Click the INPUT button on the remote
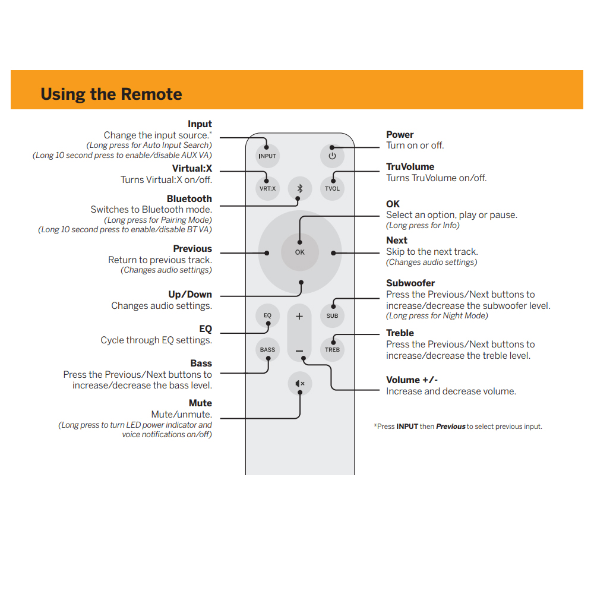(267, 156)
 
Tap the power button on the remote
(332, 156)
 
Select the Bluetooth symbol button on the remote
(300, 188)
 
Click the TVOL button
(332, 188)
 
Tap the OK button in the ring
(300, 252)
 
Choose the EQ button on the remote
(268, 315)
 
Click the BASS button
(268, 349)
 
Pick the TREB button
(332, 349)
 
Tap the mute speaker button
(300, 384)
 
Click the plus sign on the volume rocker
(299, 316)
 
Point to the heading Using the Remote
(111, 94)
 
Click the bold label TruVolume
(410, 167)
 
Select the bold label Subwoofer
(410, 283)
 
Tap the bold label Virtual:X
(192, 169)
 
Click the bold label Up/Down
(190, 295)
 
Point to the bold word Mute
(200, 403)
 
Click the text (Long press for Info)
(422, 225)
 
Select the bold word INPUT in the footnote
(407, 426)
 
